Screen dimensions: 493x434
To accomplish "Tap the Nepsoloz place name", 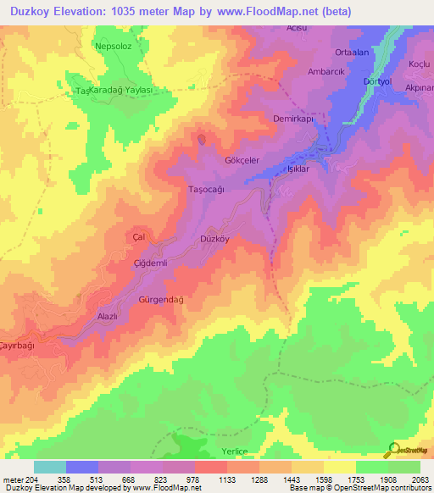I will pos(114,47).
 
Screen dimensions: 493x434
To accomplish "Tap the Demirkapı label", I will pos(293,119).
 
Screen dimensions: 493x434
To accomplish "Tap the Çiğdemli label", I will pos(153,263).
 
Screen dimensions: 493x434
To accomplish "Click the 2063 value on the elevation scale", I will pos(420,479).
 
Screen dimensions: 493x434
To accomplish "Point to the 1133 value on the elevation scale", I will pos(227,479).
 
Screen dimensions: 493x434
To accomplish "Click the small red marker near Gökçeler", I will pos(201,138).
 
